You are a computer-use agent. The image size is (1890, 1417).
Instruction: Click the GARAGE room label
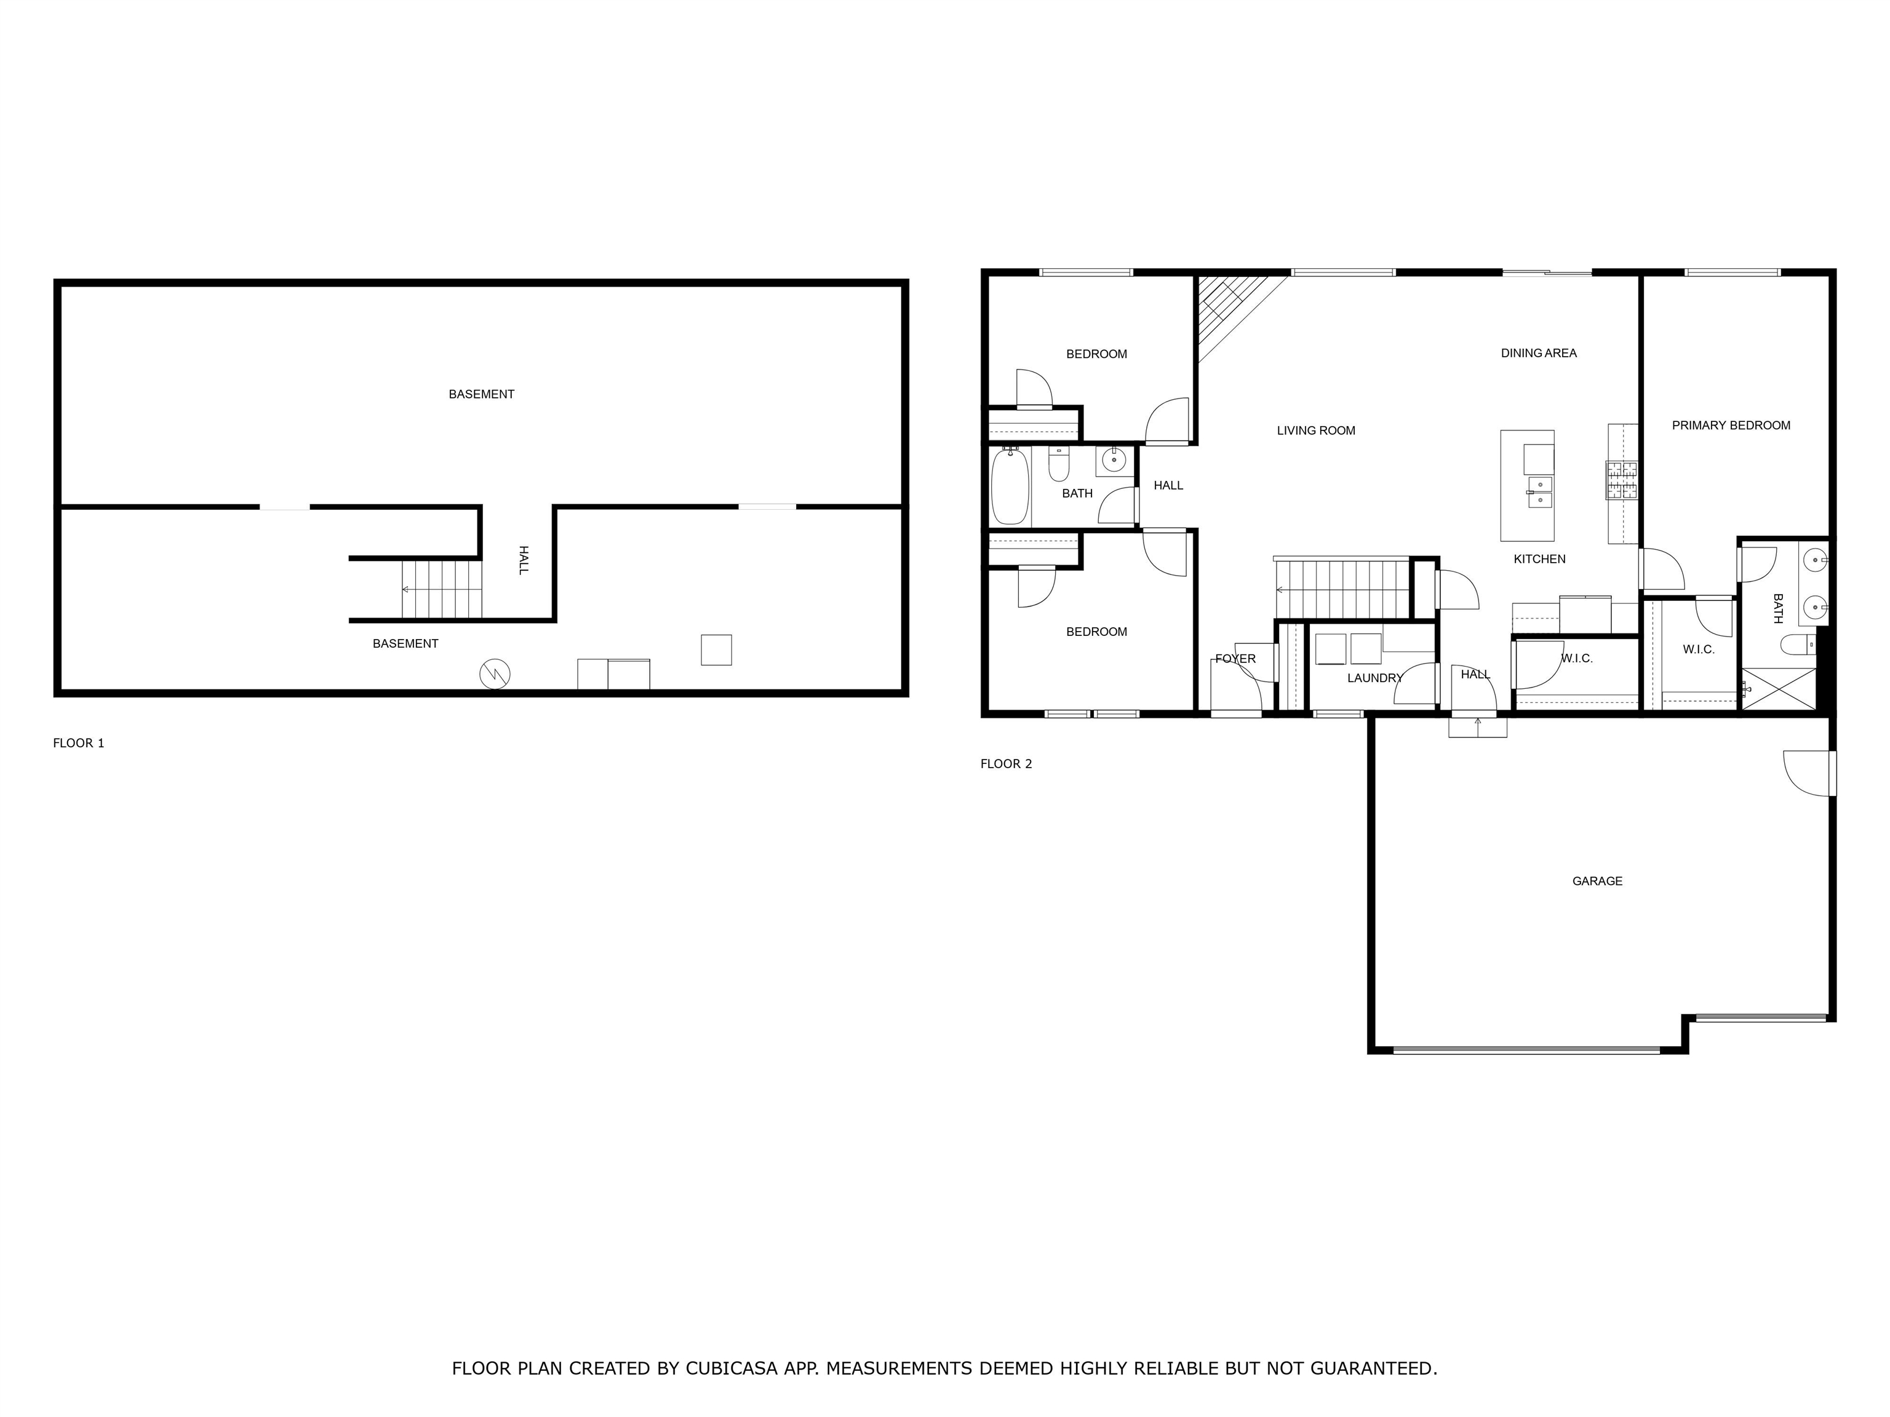click(x=1597, y=881)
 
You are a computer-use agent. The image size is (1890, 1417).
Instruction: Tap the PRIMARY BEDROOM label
click(x=1731, y=426)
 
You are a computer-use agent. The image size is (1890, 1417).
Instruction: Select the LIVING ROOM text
click(x=1316, y=431)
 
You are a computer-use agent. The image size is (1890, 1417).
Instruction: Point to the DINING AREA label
click(x=1539, y=353)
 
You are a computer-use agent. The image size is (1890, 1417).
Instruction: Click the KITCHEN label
click(x=1540, y=558)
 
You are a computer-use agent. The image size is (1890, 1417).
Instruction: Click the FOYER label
click(x=1235, y=659)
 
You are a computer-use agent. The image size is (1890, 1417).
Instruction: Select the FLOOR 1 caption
click(x=79, y=743)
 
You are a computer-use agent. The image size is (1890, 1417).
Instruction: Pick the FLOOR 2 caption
click(x=1006, y=764)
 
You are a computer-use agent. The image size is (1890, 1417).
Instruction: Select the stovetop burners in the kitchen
click(x=1622, y=480)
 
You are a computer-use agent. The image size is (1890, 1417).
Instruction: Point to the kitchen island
click(x=1528, y=485)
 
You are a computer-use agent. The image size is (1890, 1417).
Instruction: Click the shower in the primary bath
click(x=1779, y=688)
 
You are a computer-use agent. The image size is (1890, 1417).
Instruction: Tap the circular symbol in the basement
click(x=495, y=674)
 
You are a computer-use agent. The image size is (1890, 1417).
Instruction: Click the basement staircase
click(x=442, y=589)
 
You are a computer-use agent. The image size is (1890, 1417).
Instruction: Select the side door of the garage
click(x=1809, y=774)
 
